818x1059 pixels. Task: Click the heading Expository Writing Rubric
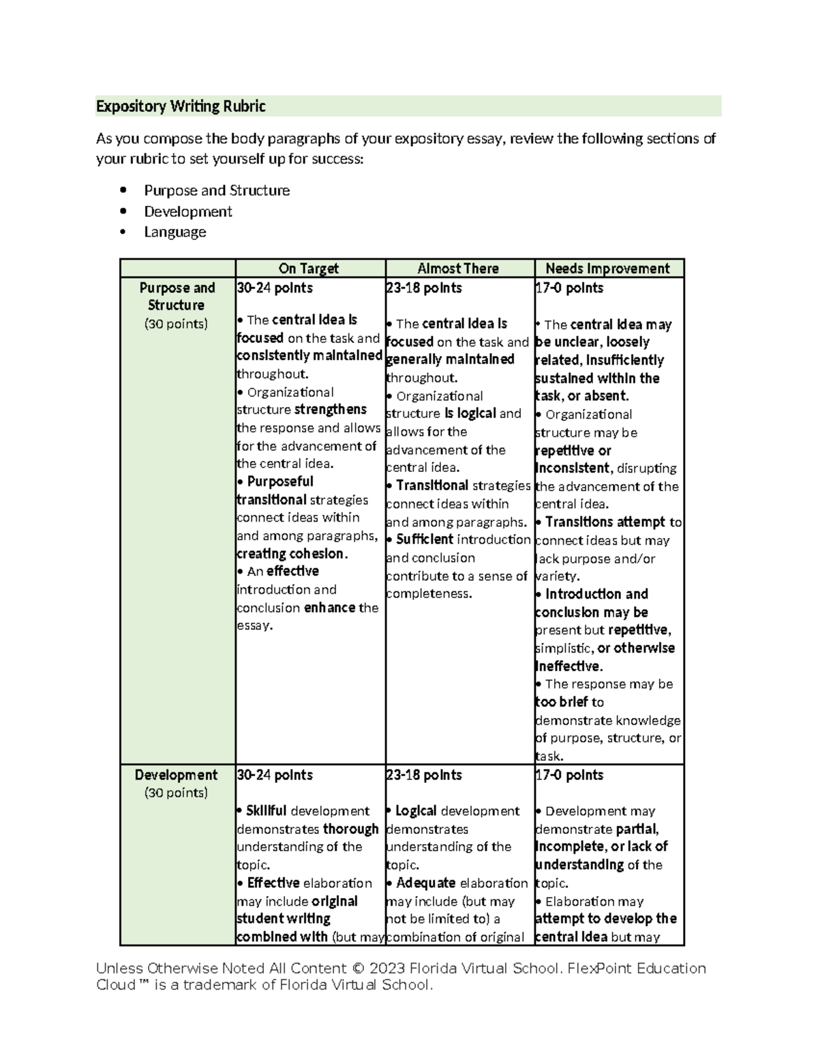[x=181, y=106]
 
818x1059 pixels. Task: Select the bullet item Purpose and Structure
[x=217, y=190]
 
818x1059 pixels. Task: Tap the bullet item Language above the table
[x=175, y=232]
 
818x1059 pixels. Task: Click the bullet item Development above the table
[x=187, y=211]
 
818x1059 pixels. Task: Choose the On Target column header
[x=308, y=269]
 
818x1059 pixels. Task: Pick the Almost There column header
[x=458, y=269]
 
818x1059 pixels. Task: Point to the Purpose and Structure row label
[x=177, y=297]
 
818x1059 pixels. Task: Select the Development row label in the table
[x=176, y=775]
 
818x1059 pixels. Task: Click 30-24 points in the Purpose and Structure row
[x=274, y=288]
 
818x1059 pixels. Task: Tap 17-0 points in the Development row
[x=569, y=775]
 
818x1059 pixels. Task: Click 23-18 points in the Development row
[x=423, y=775]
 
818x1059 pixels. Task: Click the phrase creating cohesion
[x=292, y=554]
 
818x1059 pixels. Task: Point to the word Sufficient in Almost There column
[x=424, y=539]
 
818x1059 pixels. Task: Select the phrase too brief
[x=562, y=702]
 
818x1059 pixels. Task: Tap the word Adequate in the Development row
[x=425, y=883]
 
